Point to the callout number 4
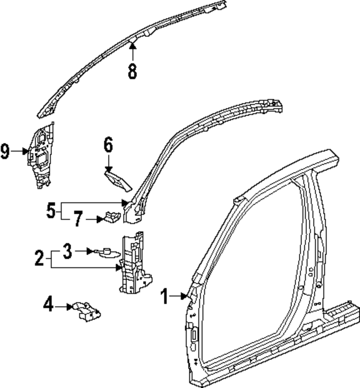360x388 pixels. (48, 306)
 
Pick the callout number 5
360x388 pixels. (51, 211)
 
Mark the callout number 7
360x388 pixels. (77, 219)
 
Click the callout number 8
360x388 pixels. (132, 71)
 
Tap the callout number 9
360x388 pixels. (5, 151)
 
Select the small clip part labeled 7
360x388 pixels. (111, 217)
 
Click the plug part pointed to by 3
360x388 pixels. (106, 253)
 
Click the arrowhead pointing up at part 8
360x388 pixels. (132, 45)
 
